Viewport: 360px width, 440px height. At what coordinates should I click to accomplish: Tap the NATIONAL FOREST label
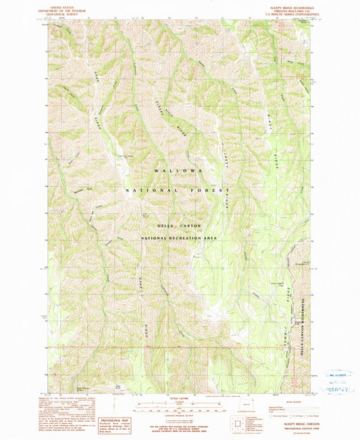pos(178,191)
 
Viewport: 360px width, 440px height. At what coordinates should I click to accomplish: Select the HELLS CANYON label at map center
pos(178,220)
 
